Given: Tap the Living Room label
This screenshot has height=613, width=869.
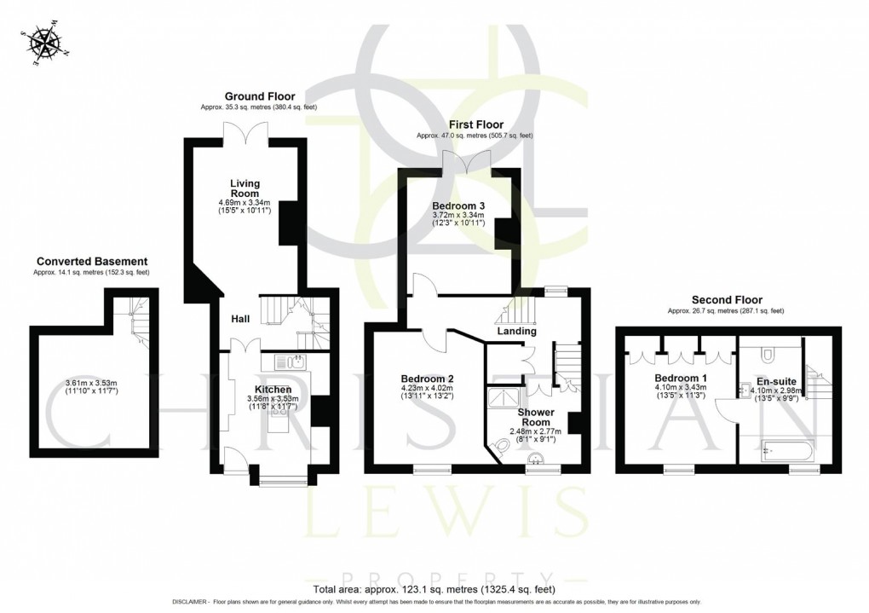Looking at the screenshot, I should [245, 188].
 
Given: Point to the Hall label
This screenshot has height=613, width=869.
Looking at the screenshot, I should [240, 319].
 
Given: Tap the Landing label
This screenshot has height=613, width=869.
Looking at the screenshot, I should [516, 331].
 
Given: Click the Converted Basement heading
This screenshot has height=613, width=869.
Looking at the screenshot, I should [92, 261].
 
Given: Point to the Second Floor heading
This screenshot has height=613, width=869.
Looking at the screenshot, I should [727, 299].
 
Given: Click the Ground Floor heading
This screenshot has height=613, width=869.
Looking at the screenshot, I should [253, 95].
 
